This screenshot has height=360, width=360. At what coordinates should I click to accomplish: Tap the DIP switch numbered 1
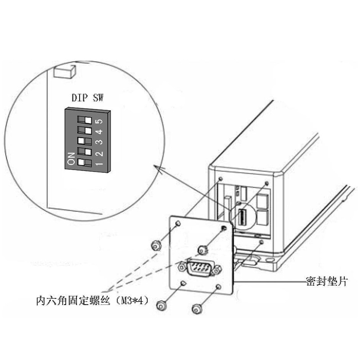click(85, 161)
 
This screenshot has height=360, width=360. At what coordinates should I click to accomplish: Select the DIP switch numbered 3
click(85, 140)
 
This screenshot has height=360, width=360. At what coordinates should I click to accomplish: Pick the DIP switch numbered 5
click(85, 120)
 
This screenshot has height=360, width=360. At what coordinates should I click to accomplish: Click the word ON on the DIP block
click(71, 158)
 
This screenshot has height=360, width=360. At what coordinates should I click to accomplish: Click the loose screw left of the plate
click(155, 245)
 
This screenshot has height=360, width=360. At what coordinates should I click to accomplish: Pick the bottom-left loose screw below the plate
click(162, 306)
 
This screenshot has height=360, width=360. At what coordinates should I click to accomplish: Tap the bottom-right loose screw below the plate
click(197, 308)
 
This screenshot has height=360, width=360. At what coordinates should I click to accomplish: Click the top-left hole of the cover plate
click(178, 224)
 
